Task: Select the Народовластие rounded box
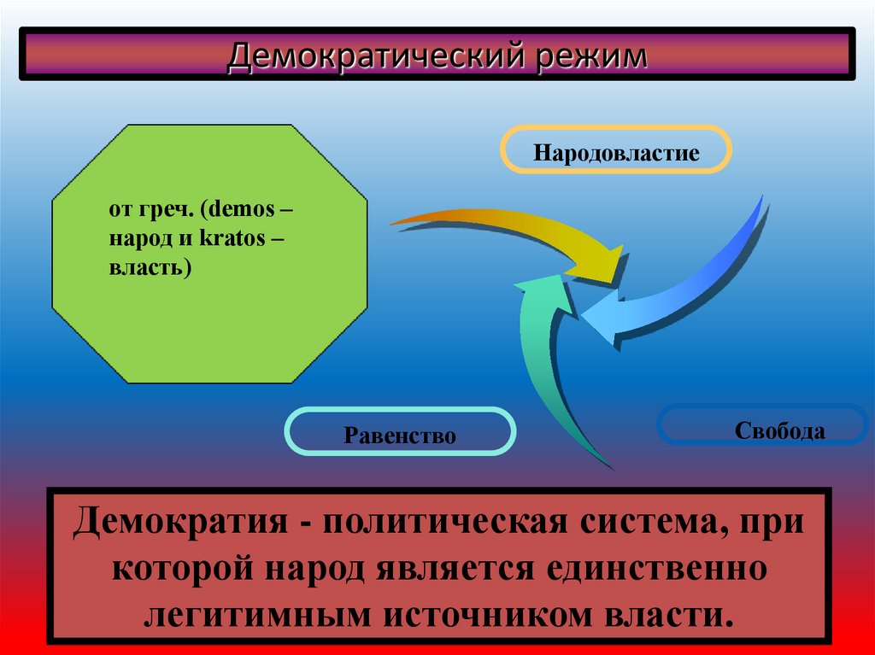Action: click(616, 153)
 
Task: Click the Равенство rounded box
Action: click(400, 436)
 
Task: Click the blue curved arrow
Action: click(701, 282)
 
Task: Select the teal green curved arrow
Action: click(547, 359)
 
